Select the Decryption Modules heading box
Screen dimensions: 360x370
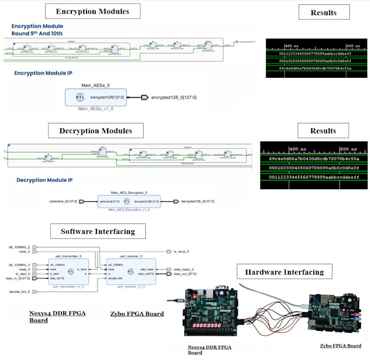(96, 131)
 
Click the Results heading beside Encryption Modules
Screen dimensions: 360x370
(323, 12)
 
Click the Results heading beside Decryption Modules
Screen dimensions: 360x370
(323, 131)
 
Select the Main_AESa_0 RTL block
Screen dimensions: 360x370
(96, 97)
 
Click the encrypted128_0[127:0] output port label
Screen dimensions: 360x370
(174, 97)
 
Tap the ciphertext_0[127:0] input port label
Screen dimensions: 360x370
(60, 201)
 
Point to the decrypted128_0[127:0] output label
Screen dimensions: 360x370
(198, 201)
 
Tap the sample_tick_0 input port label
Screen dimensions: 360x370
(20, 291)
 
